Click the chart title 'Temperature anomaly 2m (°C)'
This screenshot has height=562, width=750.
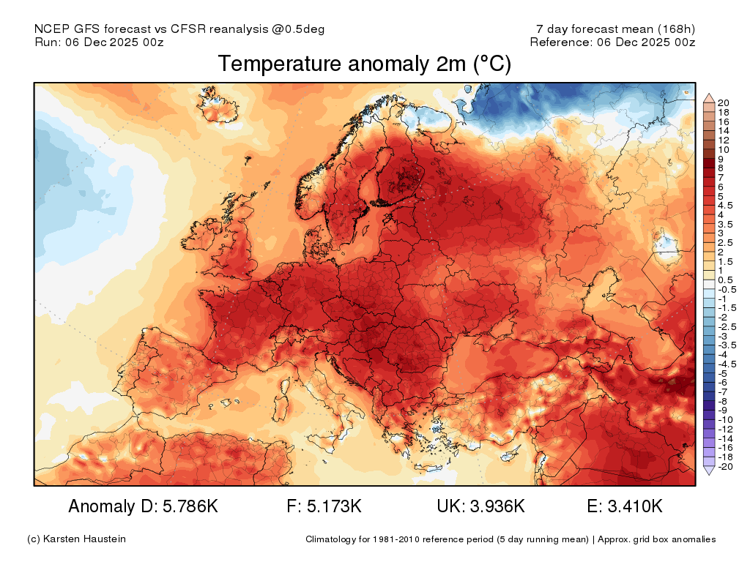click(x=364, y=64)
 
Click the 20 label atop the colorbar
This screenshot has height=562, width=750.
click(x=724, y=103)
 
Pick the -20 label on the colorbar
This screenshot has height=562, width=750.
click(x=725, y=466)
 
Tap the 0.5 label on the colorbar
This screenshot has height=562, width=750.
click(x=725, y=280)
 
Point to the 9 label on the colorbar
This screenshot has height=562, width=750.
click(x=721, y=159)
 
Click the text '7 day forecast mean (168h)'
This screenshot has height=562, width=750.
click(x=615, y=29)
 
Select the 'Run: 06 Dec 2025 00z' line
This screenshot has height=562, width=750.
click(x=99, y=42)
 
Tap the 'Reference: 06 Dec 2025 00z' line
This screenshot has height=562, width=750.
click(x=612, y=42)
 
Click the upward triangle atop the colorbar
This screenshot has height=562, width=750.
click(x=708, y=97)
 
